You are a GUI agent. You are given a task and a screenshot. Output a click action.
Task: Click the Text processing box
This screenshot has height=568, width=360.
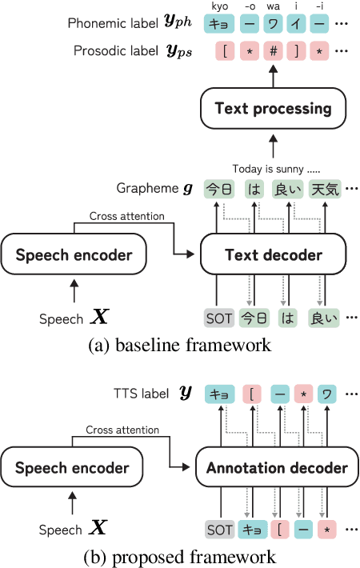pyautogui.click(x=273, y=108)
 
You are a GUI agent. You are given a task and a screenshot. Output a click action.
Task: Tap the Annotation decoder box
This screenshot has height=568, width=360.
pyautogui.click(x=272, y=468)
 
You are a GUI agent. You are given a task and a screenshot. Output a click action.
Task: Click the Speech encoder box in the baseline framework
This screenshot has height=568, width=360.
pyautogui.click(x=74, y=255)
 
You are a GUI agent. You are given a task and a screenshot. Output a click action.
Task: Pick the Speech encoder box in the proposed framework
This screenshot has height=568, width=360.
pyautogui.click(x=72, y=468)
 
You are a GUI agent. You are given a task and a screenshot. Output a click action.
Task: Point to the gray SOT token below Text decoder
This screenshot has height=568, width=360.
pyautogui.click(x=218, y=319)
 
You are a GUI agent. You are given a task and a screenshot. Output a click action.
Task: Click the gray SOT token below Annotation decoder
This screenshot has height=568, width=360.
pyautogui.click(x=218, y=530)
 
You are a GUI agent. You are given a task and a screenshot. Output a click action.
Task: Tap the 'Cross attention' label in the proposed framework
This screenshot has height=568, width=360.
pyautogui.click(x=122, y=429)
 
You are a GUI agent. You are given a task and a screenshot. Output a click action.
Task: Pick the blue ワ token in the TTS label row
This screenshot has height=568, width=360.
pyautogui.click(x=328, y=394)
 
